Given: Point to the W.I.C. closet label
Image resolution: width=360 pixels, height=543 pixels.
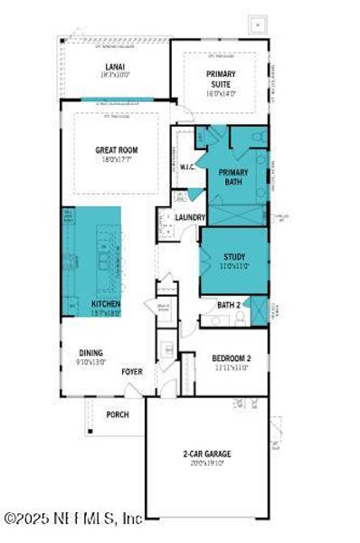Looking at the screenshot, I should pyautogui.click(x=189, y=167).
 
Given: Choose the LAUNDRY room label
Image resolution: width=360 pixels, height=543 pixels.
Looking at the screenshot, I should pyautogui.click(x=191, y=218).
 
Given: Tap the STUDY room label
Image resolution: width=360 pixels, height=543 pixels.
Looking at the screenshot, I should pyautogui.click(x=234, y=257).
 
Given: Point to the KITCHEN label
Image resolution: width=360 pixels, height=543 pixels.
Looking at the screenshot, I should pyautogui.click(x=107, y=304).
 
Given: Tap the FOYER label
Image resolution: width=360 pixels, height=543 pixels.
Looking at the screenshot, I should pyautogui.click(x=132, y=370).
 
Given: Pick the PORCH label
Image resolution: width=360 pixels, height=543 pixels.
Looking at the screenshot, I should pyautogui.click(x=117, y=414).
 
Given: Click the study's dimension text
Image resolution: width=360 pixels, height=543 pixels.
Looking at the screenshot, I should pyautogui.click(x=234, y=267).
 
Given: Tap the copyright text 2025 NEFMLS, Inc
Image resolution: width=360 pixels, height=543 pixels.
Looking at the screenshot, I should pyautogui.click(x=72, y=519).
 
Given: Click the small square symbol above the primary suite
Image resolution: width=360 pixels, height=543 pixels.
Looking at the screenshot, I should pyautogui.click(x=258, y=24).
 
